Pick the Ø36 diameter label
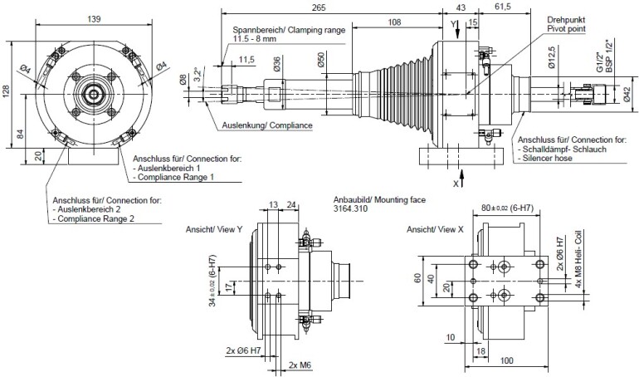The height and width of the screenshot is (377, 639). coord(275,63)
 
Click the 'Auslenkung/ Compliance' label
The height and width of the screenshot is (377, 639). coord(267,125)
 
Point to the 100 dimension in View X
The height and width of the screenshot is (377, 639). coord(508,362)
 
